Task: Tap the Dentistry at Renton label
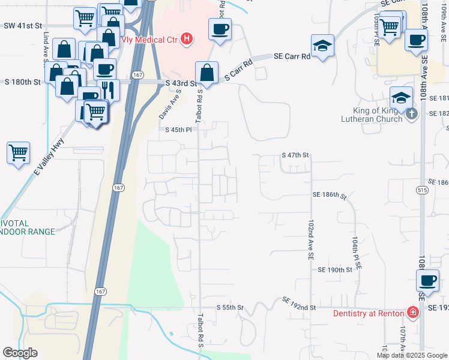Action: point(369,313)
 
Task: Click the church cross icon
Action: point(411,113)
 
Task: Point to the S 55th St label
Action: point(231,307)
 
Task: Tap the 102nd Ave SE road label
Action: point(311,239)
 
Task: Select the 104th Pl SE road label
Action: point(355,247)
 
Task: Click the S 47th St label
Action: point(295,155)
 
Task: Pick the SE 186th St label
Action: point(330,195)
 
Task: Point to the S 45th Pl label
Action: point(178,129)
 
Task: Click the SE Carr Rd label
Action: point(292,56)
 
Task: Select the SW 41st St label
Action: point(23,26)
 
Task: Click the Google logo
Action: point(20,353)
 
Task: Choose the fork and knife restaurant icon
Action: point(109,89)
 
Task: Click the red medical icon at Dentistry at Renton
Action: point(412,313)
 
